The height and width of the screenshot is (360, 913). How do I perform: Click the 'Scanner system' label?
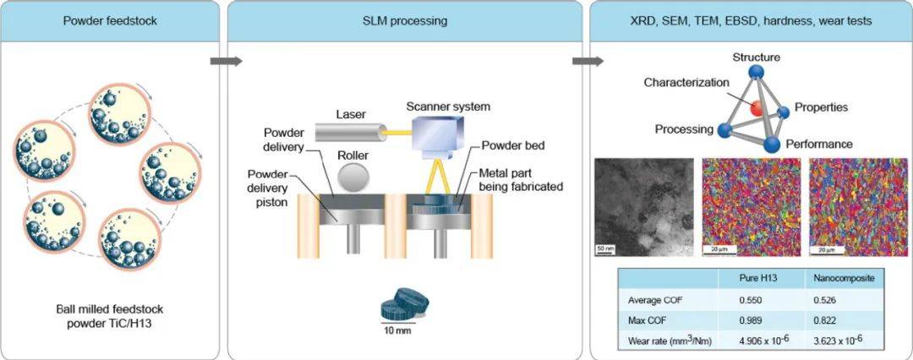click(449, 106)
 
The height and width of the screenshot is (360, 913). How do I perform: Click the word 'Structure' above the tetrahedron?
click(757, 57)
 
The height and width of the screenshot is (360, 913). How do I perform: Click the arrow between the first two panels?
click(226, 61)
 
